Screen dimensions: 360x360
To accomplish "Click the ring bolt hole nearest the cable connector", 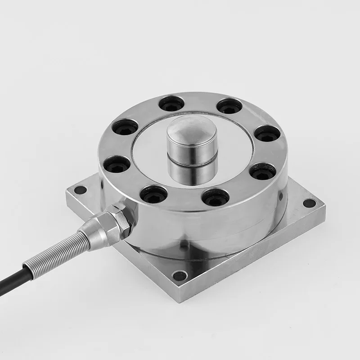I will coord(153,194).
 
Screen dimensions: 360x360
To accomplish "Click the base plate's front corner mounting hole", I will coord(180,275).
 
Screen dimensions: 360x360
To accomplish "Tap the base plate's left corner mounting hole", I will coord(80,190).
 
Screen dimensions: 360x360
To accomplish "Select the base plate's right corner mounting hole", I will coord(309,203).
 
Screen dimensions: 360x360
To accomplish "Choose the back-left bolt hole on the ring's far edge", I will coord(171,104).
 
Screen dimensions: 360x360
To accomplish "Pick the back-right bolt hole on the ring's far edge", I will coord(229,106).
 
